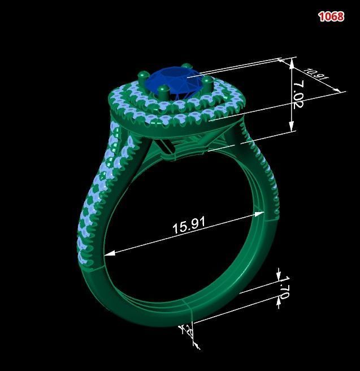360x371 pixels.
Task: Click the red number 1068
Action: click(331, 16)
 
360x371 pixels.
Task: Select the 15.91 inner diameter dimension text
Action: click(188, 225)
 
